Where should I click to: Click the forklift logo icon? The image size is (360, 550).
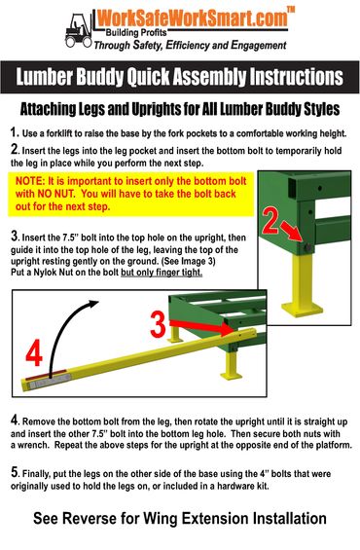[78, 29]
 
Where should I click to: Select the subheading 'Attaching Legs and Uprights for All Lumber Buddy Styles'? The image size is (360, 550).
[180, 109]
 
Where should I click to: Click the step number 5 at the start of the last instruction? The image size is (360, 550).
[14, 472]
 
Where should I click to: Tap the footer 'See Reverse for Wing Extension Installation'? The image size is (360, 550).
[180, 518]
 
